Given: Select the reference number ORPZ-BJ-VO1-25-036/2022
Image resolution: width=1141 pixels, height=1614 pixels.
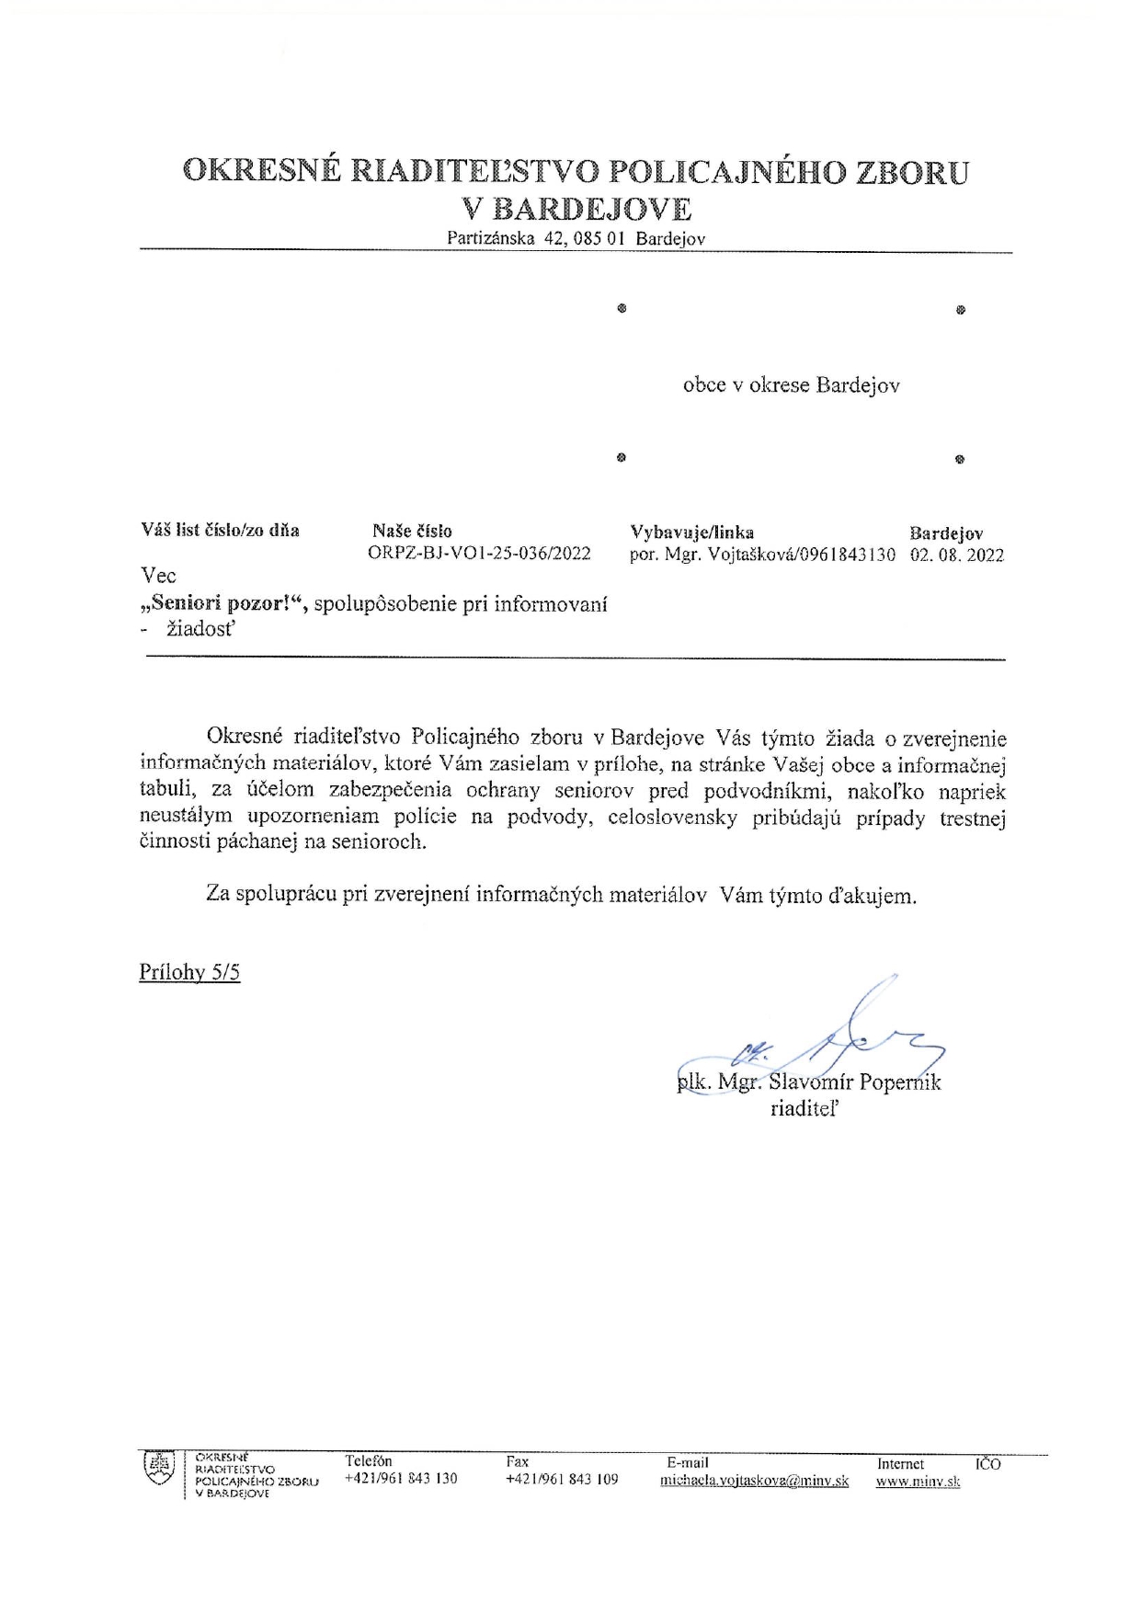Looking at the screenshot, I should point(479,555).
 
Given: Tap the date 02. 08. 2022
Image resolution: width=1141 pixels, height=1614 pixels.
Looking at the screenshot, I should point(956,555).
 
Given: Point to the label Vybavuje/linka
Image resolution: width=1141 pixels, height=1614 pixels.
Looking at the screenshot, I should point(691,532).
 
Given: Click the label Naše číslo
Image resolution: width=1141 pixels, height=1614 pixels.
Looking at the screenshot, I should point(412,531).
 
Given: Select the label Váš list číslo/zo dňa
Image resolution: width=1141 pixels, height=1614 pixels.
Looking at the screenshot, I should point(220,531).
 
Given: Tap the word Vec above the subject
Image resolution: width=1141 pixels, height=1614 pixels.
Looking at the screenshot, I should point(158,577).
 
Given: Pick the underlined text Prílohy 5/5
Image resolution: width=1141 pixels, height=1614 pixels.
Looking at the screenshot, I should point(189,973).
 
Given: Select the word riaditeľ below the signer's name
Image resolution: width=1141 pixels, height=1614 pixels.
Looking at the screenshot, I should point(804,1109).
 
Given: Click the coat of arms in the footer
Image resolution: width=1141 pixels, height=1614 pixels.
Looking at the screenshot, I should point(160,1470).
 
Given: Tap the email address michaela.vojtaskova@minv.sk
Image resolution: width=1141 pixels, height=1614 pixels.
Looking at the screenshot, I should point(754,1482).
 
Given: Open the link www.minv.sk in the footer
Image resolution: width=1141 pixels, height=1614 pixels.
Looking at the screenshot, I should point(918,1482).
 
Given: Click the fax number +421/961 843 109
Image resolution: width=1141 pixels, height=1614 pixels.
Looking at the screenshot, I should point(562,1480).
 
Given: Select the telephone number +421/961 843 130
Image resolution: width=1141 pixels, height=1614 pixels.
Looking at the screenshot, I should point(401,1479).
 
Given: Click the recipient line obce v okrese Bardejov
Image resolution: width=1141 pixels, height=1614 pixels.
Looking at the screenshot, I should point(791,386).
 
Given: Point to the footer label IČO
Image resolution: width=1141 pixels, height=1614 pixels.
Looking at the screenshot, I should point(988,1464).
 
